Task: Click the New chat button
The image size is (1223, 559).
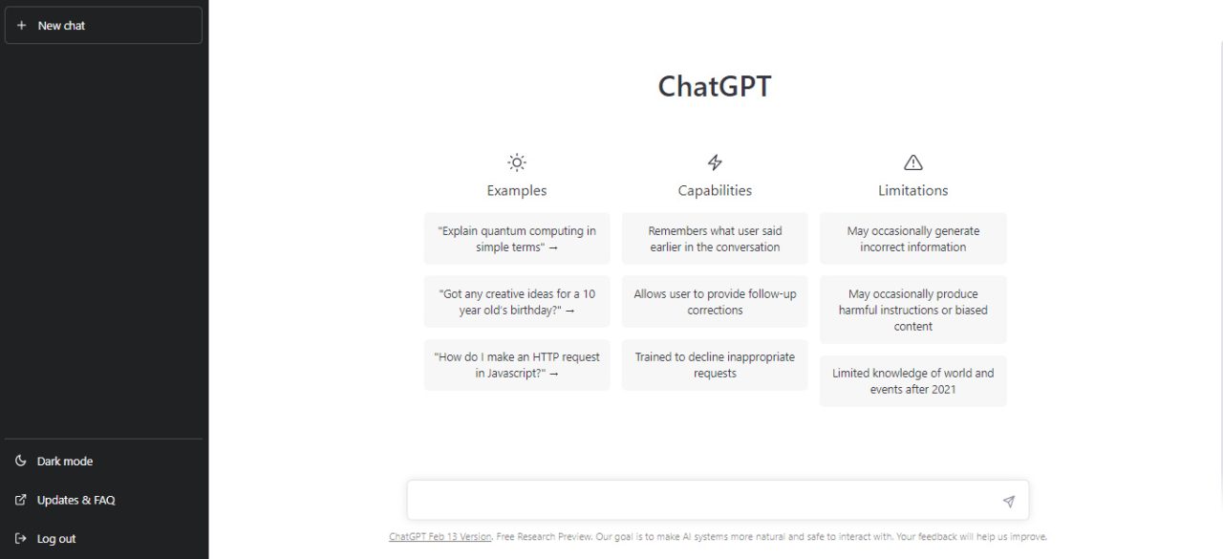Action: click(103, 26)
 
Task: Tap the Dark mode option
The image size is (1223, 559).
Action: click(64, 462)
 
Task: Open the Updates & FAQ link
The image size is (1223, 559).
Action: click(75, 501)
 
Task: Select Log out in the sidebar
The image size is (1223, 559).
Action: click(55, 539)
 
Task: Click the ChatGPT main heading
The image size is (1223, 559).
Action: click(715, 87)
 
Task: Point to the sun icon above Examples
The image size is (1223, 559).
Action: click(517, 162)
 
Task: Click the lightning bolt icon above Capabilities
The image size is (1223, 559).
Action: click(715, 162)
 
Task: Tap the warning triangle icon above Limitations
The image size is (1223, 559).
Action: click(913, 162)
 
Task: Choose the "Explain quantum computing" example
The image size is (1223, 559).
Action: click(517, 239)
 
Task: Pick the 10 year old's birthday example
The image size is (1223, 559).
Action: click(517, 302)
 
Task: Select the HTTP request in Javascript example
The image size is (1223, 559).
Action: click(517, 365)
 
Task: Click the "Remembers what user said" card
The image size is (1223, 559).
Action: click(715, 239)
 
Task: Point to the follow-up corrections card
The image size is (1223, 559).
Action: click(715, 302)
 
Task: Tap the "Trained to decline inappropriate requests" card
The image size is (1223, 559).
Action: click(715, 365)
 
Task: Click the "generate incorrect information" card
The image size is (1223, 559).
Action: click(913, 239)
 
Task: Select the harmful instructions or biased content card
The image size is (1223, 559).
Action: click(913, 310)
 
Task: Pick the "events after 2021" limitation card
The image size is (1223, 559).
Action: click(913, 381)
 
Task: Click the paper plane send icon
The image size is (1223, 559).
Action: click(1008, 502)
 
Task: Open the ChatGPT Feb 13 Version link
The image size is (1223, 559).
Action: click(440, 537)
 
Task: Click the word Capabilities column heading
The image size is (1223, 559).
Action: click(715, 191)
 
